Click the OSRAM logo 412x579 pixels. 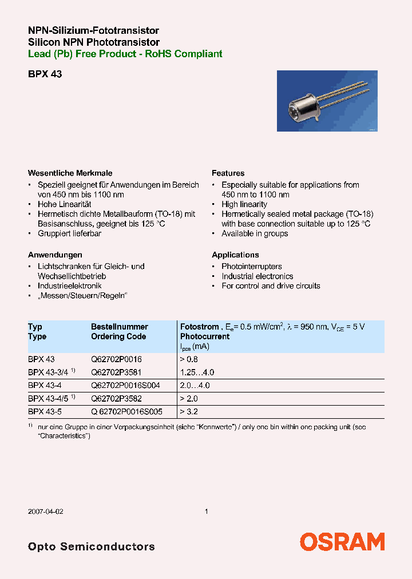tap(342, 542)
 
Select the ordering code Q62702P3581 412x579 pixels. tap(116, 372)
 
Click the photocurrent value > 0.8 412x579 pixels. tap(189, 359)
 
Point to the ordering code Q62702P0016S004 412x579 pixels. tap(125, 386)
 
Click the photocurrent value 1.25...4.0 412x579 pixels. tap(197, 372)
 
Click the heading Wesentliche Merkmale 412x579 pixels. tap(70, 173)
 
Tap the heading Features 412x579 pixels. tap(228, 173)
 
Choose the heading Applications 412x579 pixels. tap(235, 255)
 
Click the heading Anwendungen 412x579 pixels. tap(55, 255)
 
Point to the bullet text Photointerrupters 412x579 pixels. tap(252, 267)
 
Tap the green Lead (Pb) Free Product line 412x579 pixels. tap(125, 54)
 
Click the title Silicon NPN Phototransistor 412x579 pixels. tap(94, 42)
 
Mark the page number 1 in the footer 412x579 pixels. tap(206, 511)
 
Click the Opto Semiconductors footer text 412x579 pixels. tap(91, 546)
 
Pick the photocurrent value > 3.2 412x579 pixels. tap(189, 411)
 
